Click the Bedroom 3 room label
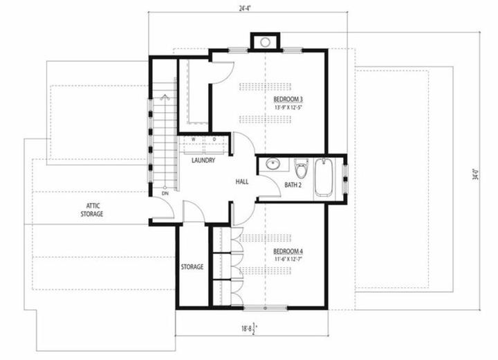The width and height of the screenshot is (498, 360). [x=288, y=99]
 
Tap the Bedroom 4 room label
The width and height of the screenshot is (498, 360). [x=288, y=251]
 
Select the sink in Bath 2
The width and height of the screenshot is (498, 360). [x=273, y=164]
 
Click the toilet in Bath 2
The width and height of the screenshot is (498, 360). [x=300, y=168]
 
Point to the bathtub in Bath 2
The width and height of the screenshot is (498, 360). [x=324, y=177]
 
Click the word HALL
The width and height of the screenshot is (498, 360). [x=242, y=181]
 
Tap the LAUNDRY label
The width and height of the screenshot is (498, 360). [x=203, y=161]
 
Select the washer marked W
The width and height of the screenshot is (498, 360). [x=193, y=145]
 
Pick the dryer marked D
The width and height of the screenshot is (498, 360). [x=216, y=145]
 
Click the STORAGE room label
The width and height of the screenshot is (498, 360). [x=192, y=267]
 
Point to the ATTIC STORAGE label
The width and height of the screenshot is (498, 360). [x=92, y=210]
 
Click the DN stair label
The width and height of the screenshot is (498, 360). [x=165, y=193]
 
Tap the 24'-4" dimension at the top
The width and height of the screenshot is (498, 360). [x=245, y=8]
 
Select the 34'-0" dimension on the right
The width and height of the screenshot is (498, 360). [x=475, y=174]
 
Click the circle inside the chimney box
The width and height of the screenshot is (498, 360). [x=265, y=42]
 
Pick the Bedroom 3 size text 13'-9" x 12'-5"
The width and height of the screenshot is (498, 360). [x=288, y=107]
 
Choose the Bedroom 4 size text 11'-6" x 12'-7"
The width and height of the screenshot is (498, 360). [x=288, y=259]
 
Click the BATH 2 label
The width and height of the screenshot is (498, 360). [x=293, y=184]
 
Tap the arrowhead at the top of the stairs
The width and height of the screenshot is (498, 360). [x=165, y=96]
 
